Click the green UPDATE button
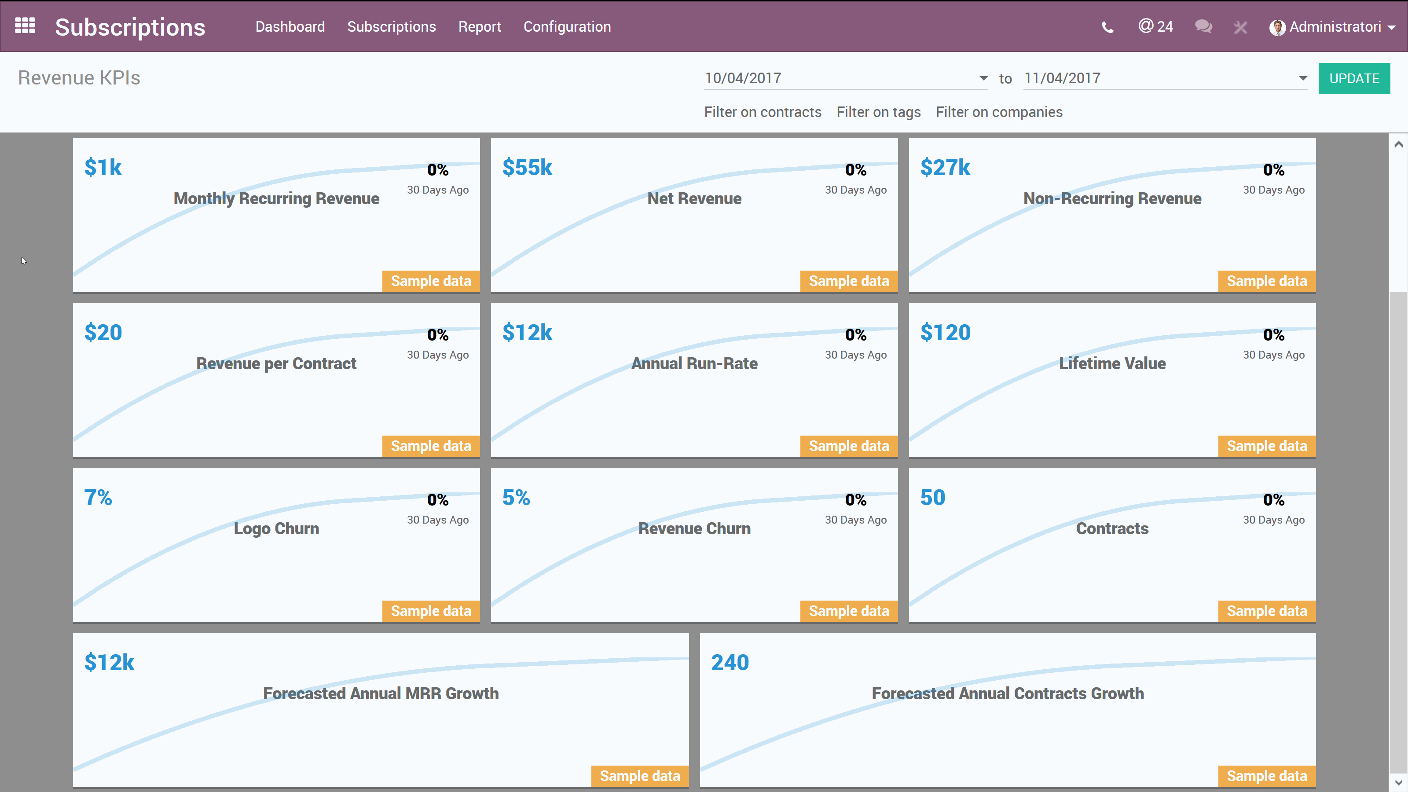[1353, 78]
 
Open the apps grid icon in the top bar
[25, 26]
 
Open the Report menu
[479, 26]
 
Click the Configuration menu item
[567, 26]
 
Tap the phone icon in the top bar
[1107, 27]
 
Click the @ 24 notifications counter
[1155, 26]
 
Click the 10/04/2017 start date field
[842, 78]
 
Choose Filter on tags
[878, 112]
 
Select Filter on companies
[999, 112]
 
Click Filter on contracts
[763, 112]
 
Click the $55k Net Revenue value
[527, 167]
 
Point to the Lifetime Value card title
[1112, 363]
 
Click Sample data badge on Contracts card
[1266, 611]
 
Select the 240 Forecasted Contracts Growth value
[730, 663]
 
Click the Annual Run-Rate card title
[694, 363]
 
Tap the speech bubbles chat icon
[1203, 26]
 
